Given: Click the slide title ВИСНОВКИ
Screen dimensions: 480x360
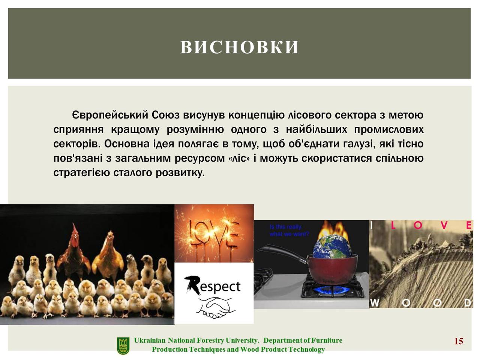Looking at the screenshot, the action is pos(240,47).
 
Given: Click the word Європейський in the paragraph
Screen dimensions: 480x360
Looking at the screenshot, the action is pos(110,115).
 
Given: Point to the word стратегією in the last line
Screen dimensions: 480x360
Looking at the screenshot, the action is pos(82,173).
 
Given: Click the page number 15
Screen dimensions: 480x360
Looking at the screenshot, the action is pos(458,341).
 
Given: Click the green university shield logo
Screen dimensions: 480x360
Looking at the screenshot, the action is pos(123,346).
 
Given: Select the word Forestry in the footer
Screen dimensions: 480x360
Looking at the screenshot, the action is pos(210,340).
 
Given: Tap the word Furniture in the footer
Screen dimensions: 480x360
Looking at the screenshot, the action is pos(327,340).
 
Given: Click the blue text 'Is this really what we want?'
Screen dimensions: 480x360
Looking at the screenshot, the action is pos(289,230).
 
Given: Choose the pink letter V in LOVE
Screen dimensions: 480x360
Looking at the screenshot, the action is pos(444,225).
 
